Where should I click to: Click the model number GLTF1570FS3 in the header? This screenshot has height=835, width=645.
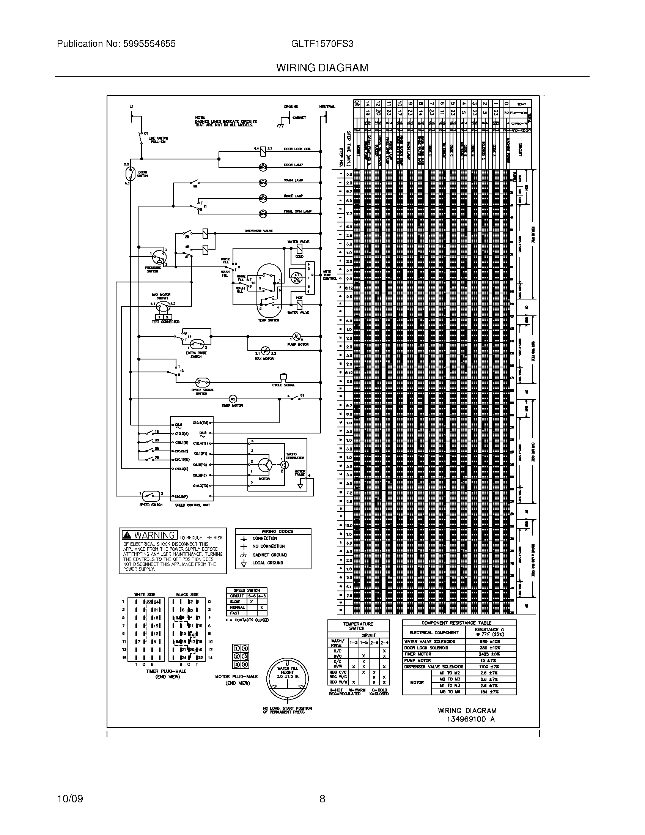point(322,44)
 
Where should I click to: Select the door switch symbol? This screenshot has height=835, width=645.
point(131,174)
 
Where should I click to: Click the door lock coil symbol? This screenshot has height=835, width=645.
point(263,151)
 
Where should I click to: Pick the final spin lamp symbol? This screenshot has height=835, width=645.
point(263,214)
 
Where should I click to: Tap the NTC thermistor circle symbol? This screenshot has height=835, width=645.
point(297,277)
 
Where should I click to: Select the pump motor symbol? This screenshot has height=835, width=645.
point(296,337)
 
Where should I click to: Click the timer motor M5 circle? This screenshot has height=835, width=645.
point(233,399)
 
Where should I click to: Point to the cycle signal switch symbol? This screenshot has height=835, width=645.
point(202,382)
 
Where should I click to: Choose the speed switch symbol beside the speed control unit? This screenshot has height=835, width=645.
point(151,496)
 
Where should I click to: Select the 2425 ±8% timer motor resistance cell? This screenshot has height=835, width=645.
point(490,654)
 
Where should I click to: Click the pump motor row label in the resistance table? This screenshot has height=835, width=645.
point(418,660)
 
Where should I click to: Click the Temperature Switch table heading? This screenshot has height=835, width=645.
point(358,626)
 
